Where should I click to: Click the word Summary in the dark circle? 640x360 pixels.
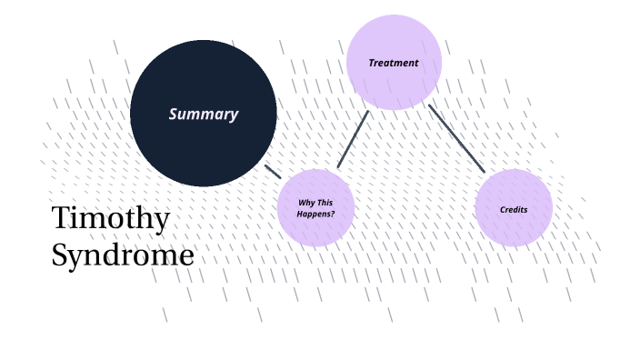click(x=204, y=115)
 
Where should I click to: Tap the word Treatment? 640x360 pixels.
click(x=394, y=64)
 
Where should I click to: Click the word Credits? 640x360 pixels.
click(x=514, y=210)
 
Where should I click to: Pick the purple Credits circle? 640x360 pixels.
click(x=514, y=227)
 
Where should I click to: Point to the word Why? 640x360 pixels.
click(x=307, y=202)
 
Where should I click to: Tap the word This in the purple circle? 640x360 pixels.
click(x=325, y=202)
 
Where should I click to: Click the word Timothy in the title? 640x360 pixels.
click(x=110, y=220)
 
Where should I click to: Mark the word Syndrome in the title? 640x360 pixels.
click(x=122, y=255)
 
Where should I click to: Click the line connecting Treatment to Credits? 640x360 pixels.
click(x=456, y=138)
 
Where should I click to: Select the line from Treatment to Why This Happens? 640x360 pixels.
click(x=353, y=139)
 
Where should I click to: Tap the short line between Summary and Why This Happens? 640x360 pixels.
click(x=273, y=171)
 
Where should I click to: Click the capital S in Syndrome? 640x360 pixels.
click(x=59, y=255)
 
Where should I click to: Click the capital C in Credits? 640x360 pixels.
click(x=503, y=210)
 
